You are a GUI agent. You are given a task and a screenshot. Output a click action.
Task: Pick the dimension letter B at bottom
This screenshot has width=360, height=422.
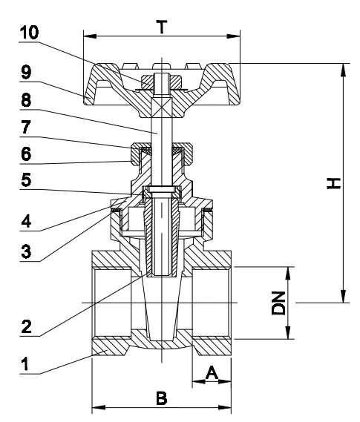click(x=162, y=398)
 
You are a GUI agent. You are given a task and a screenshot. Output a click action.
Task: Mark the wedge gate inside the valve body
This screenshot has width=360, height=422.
click(x=162, y=311)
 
